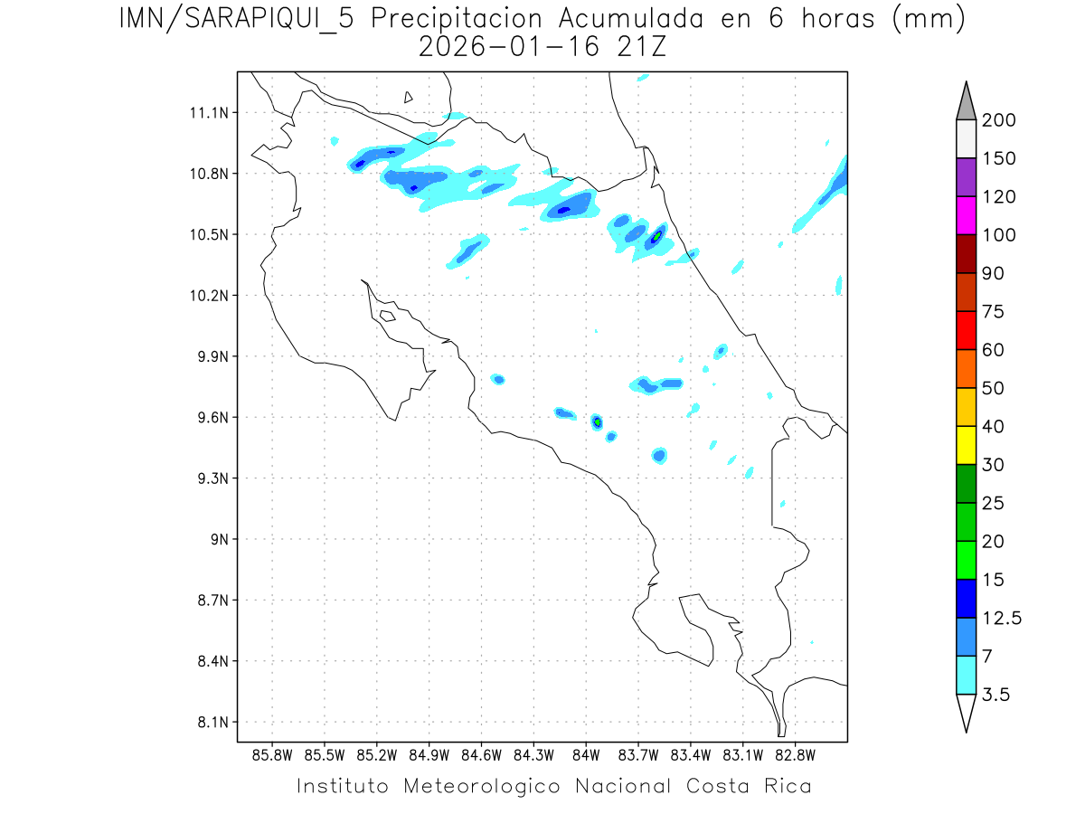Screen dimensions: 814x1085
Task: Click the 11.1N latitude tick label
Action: [x=206, y=113]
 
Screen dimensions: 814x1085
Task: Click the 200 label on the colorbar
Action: [x=1000, y=120]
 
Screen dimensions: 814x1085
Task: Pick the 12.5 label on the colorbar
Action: [x=1003, y=618]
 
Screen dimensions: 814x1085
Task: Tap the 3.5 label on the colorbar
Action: [x=997, y=694]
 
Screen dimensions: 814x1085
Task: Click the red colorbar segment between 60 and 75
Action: [x=966, y=330]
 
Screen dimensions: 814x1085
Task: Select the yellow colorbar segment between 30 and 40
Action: [x=966, y=445]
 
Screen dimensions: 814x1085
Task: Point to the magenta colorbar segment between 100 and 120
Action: [x=966, y=215]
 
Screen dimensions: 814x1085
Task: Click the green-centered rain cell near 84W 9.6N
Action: [x=597, y=421]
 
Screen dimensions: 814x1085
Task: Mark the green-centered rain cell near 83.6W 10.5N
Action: [x=657, y=236]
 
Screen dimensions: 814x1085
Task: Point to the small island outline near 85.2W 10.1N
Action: [x=387, y=316]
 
